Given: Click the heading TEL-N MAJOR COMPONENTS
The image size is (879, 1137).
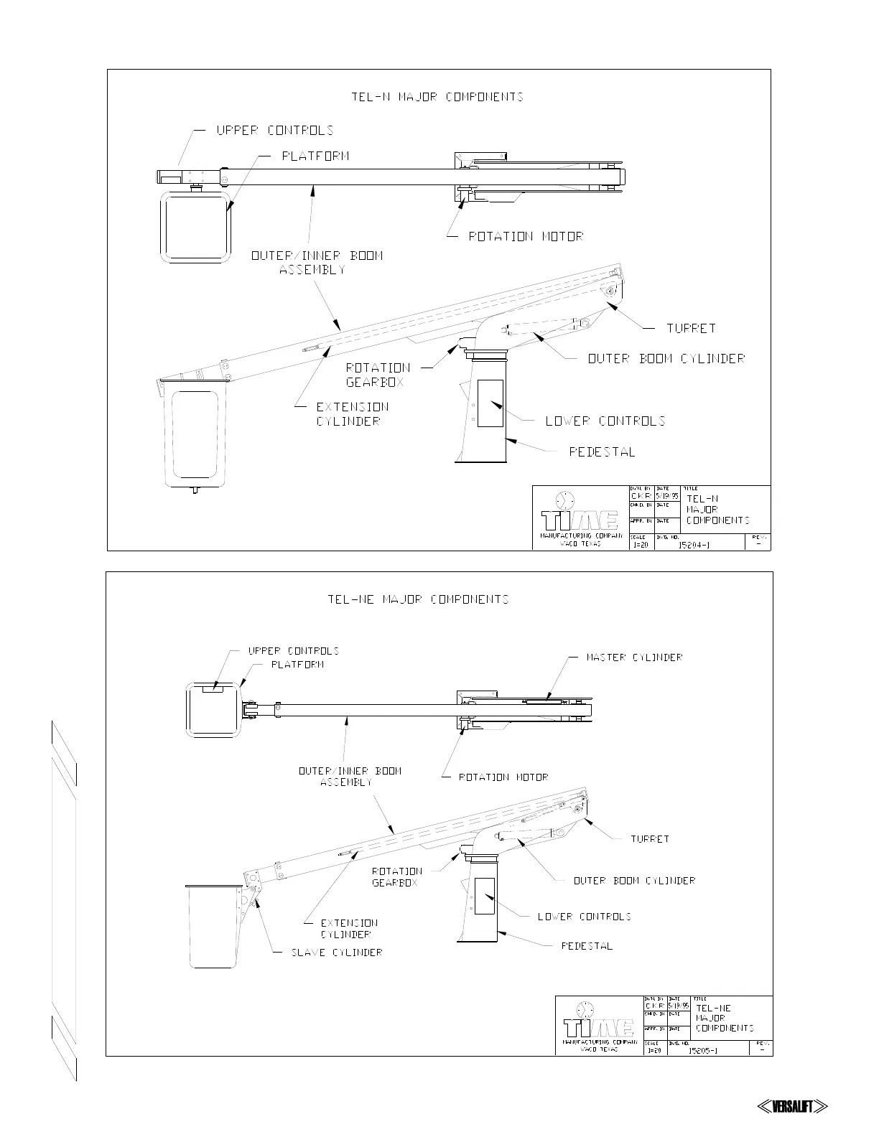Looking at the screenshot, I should pyautogui.click(x=437, y=97).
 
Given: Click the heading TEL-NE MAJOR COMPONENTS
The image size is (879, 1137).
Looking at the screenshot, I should pyautogui.click(x=418, y=599).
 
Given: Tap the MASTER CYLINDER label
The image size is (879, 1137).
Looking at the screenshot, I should pyautogui.click(x=634, y=658).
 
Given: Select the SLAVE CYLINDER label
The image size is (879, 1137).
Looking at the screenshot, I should pyautogui.click(x=336, y=953).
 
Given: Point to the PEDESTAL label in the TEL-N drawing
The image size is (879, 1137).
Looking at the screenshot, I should pyautogui.click(x=602, y=452).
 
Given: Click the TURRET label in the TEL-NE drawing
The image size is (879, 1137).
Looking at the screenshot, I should pyautogui.click(x=649, y=839).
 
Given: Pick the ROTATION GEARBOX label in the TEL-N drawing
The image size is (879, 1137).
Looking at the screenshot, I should pyautogui.click(x=378, y=375).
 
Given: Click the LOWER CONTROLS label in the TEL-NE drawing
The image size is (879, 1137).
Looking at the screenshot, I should pyautogui.click(x=584, y=917).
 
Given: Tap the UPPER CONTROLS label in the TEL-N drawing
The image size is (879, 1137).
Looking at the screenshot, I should pyautogui.click(x=275, y=131).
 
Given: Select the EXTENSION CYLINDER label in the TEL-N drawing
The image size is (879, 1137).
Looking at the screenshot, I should pyautogui.click(x=352, y=414).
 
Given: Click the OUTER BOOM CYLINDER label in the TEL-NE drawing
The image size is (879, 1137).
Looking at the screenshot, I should pyautogui.click(x=634, y=881).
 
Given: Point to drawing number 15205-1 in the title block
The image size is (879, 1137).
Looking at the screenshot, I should pyautogui.click(x=703, y=1050).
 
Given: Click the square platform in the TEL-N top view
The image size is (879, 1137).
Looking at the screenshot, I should pyautogui.click(x=195, y=226).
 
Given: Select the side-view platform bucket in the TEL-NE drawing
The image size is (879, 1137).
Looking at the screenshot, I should pyautogui.click(x=212, y=927).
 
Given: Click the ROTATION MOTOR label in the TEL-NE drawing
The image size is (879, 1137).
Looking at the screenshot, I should pyautogui.click(x=503, y=777).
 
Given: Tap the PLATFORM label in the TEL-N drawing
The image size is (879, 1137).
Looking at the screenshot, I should pyautogui.click(x=315, y=156).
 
